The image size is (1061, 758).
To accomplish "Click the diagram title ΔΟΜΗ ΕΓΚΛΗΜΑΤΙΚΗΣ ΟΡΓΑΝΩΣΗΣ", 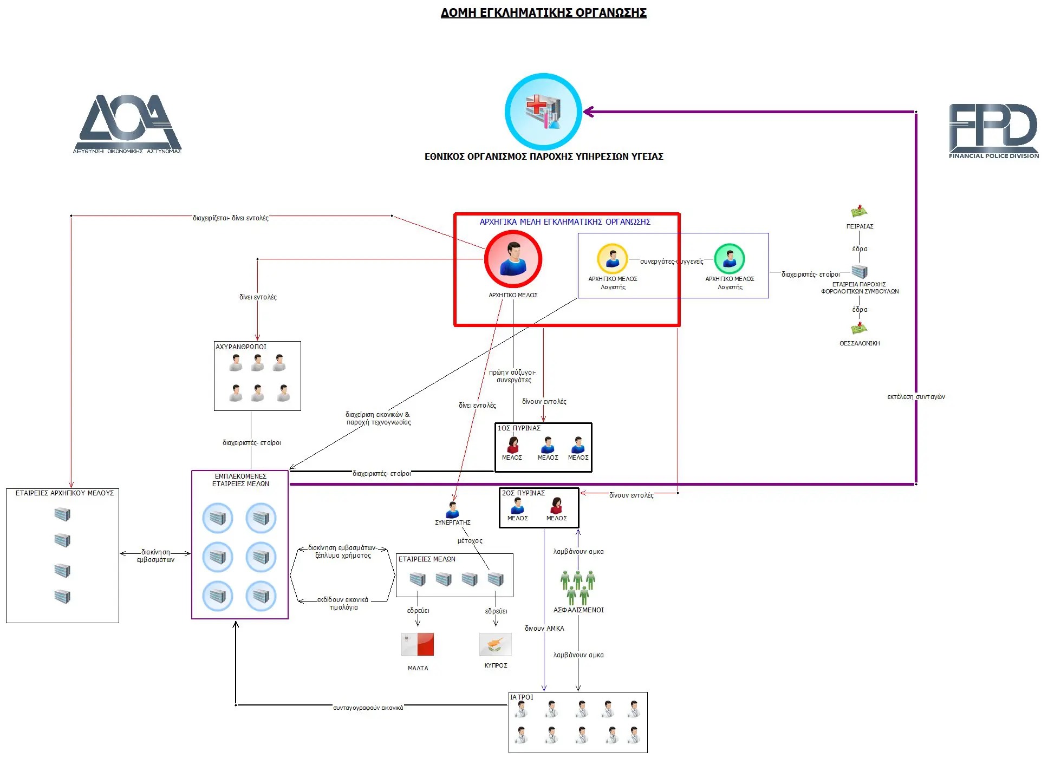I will point(543,12).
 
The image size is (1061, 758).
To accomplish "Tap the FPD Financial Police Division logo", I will point(993,130).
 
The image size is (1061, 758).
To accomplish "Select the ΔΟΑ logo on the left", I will point(128,123).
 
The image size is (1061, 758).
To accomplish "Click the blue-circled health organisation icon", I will point(543,112).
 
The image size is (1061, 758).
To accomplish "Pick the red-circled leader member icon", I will point(513,259).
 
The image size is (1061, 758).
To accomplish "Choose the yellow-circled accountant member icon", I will point(613,259).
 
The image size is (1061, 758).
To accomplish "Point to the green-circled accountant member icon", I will point(730,259).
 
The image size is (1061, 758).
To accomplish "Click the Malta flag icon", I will point(418,644).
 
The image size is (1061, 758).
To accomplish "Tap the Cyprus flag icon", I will point(496,644).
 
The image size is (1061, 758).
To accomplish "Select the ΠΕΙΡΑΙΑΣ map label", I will point(860,226).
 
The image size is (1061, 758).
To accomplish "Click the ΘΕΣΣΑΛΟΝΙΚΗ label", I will point(860,343).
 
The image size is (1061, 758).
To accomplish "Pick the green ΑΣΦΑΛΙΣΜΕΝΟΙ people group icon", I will point(578,587).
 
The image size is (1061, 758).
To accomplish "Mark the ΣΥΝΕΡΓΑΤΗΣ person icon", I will point(452,510).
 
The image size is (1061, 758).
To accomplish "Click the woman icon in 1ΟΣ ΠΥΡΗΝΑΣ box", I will point(512,445).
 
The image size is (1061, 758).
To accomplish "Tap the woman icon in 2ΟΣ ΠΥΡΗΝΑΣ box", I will point(556,506).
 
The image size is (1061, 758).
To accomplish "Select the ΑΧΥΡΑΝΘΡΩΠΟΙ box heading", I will point(241,347).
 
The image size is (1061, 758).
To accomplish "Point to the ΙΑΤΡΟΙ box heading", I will point(522,697).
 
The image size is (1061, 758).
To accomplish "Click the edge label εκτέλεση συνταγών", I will point(916,397).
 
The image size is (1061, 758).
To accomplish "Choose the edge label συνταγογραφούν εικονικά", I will point(368,708).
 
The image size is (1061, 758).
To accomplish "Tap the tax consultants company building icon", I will point(860,271).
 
